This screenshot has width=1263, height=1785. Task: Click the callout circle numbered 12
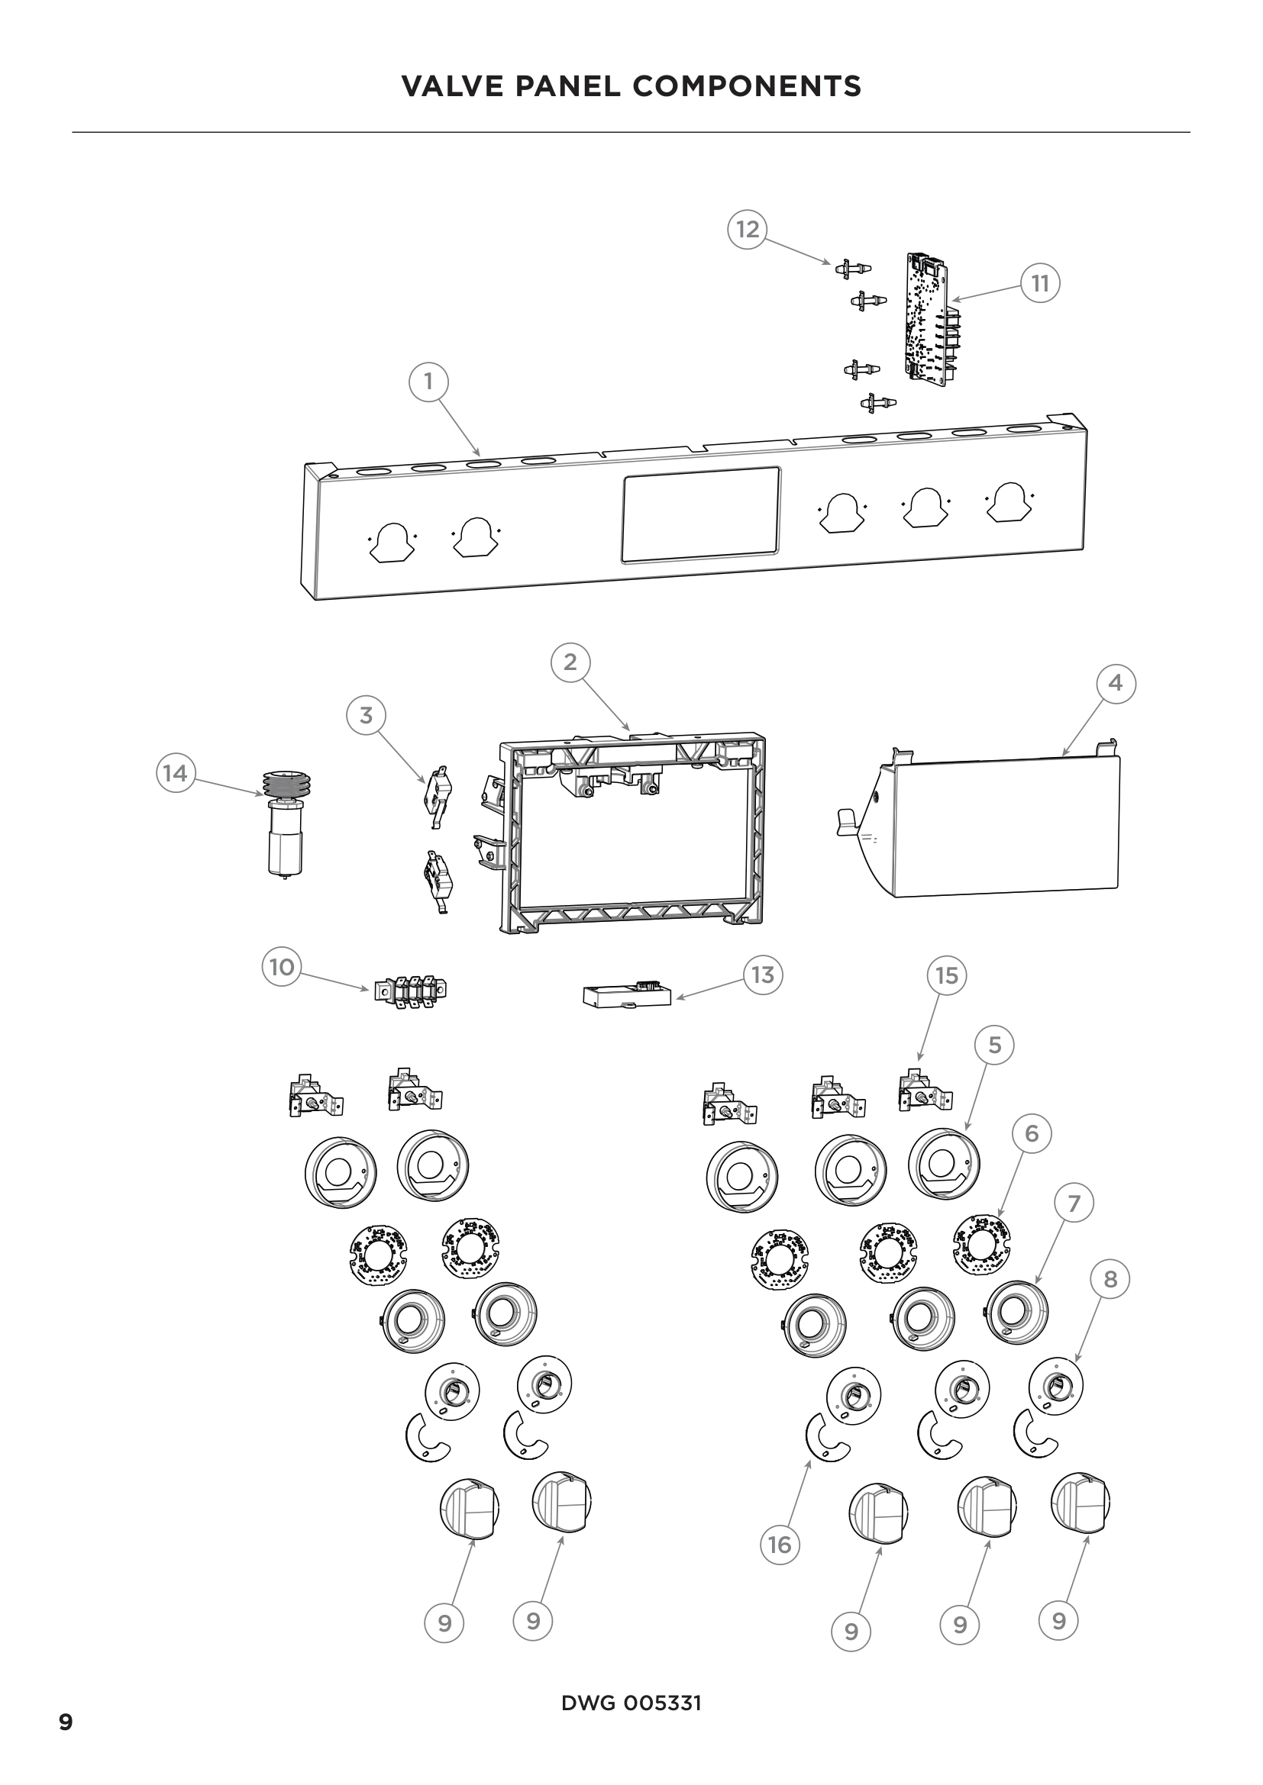click(747, 230)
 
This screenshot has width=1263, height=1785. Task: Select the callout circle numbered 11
click(1041, 284)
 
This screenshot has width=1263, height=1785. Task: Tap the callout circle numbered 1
click(428, 382)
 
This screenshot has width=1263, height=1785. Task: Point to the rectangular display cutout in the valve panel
click(700, 514)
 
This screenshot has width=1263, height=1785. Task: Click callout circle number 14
click(175, 773)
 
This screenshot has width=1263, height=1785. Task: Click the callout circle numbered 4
click(1115, 683)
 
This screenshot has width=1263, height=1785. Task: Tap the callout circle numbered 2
click(570, 662)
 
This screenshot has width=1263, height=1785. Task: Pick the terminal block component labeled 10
click(411, 991)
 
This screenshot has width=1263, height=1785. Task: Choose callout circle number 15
click(946, 976)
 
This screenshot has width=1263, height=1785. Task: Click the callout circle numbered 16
click(780, 1561)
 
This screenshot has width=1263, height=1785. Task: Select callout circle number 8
click(1110, 1279)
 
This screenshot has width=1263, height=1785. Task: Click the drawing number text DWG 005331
click(631, 1703)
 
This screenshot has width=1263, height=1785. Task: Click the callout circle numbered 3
click(366, 714)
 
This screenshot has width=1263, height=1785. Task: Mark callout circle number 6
click(1031, 1133)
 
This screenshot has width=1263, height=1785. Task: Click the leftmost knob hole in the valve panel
click(392, 542)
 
